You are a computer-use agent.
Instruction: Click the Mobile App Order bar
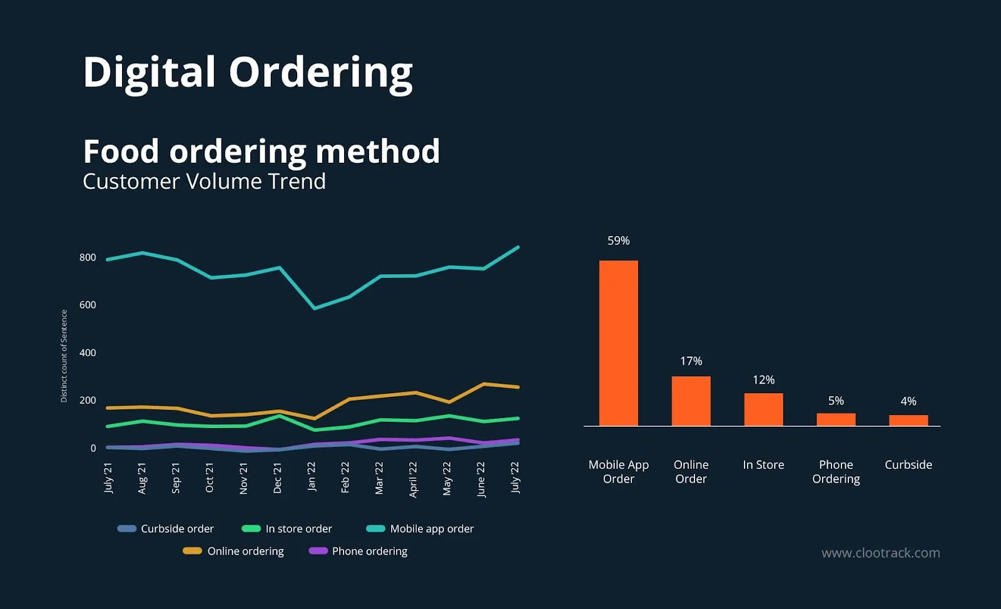coord(618,343)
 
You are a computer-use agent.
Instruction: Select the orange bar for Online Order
coord(691,401)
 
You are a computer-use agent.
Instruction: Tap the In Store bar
coord(763,409)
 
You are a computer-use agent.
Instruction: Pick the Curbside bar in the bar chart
coord(908,420)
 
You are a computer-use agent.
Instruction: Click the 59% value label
coord(618,241)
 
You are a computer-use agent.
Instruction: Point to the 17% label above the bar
coord(691,361)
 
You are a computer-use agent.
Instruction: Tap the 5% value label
coord(836,401)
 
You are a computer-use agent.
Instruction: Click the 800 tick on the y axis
coord(88,257)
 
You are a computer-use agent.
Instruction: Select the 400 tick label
coord(88,352)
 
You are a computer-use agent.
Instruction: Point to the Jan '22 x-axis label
coord(312,477)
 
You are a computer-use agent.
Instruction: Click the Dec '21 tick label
coord(278,478)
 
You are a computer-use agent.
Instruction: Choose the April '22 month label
coord(413,479)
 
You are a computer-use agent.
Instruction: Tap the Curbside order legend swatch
coord(127,529)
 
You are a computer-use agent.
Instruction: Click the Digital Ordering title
coord(248,72)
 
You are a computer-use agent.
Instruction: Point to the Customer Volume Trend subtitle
coord(204,182)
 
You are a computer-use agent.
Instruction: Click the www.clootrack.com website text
coord(880,553)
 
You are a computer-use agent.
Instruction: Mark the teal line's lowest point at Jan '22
coord(314,308)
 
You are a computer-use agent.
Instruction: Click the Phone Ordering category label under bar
coord(836,471)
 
